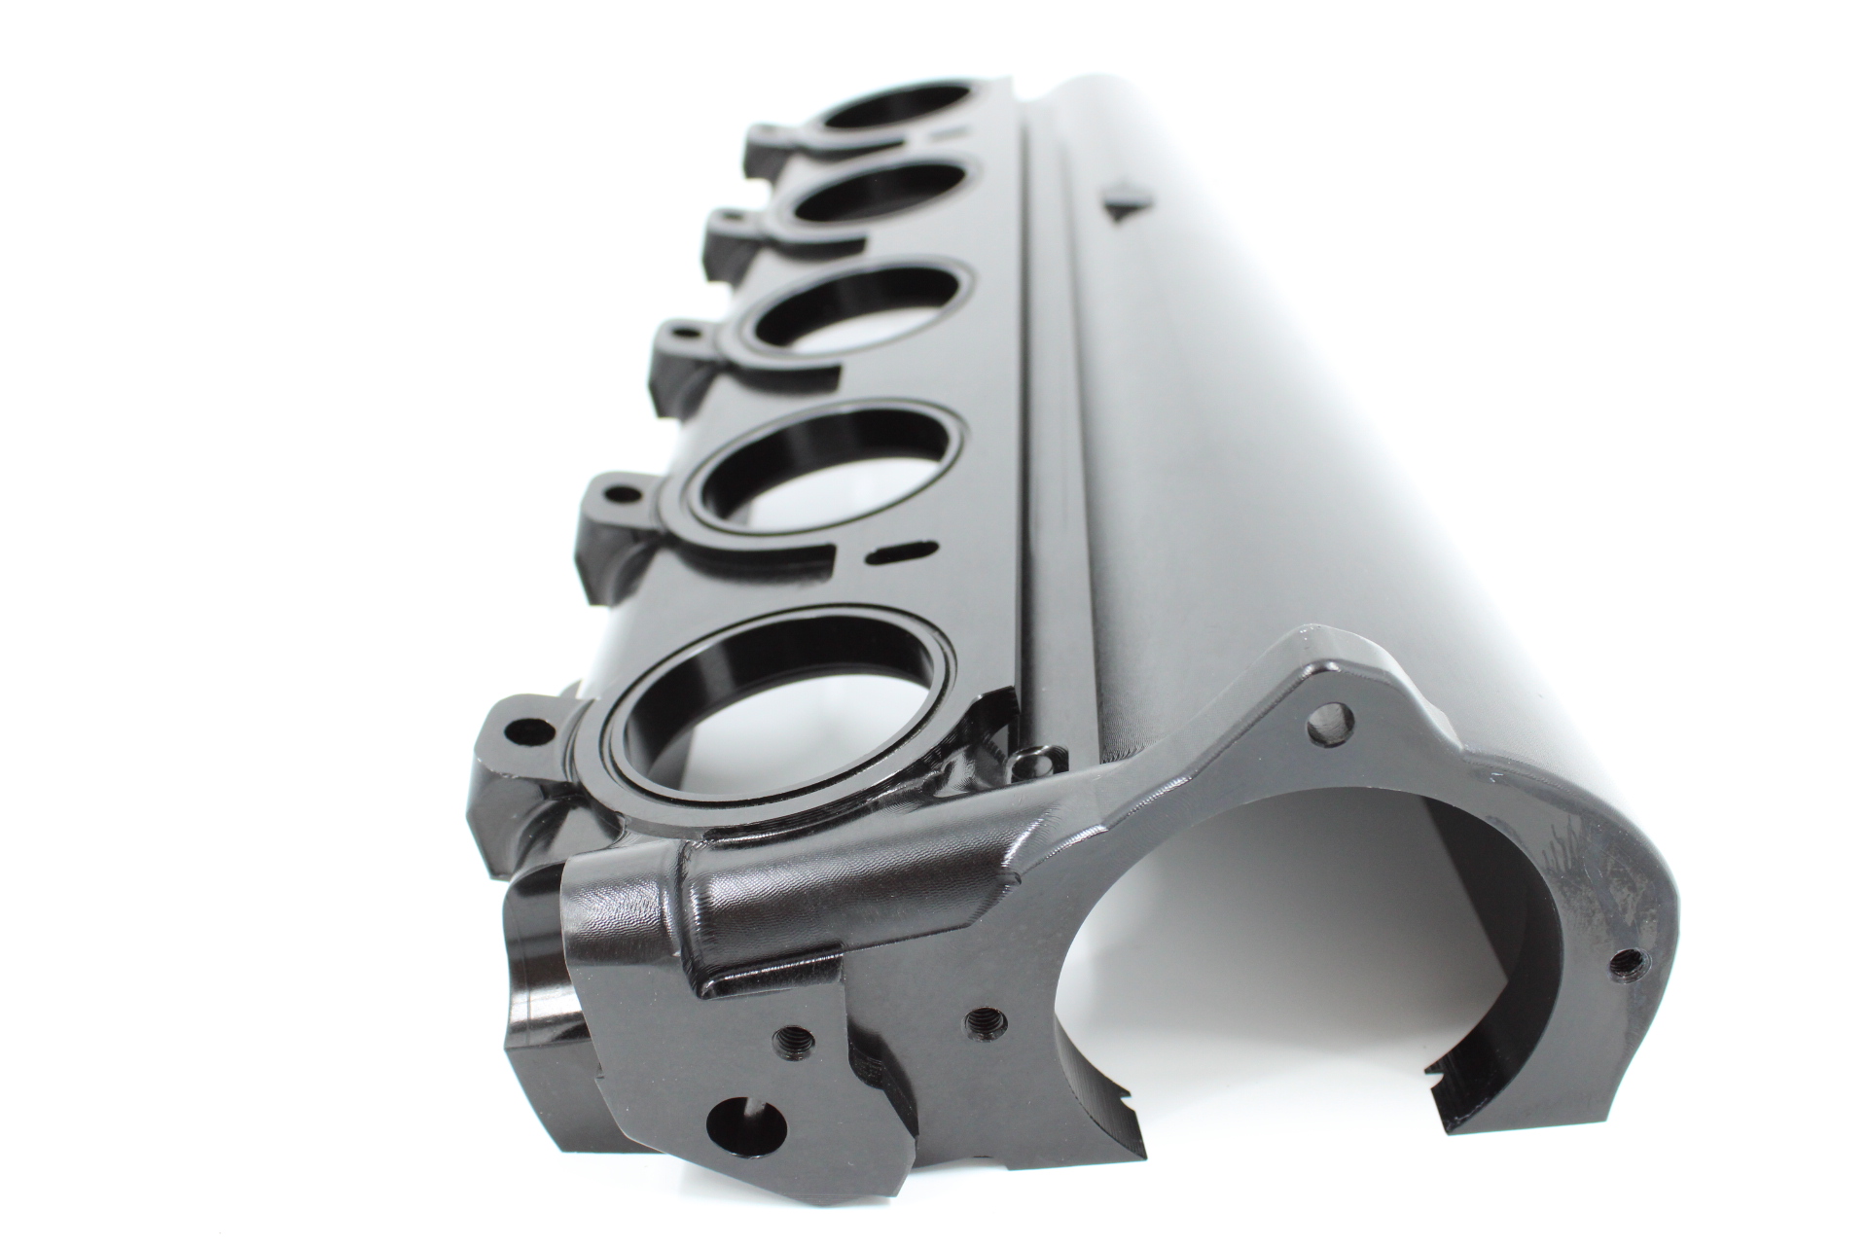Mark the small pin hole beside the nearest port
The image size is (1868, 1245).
[x=1031, y=755]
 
